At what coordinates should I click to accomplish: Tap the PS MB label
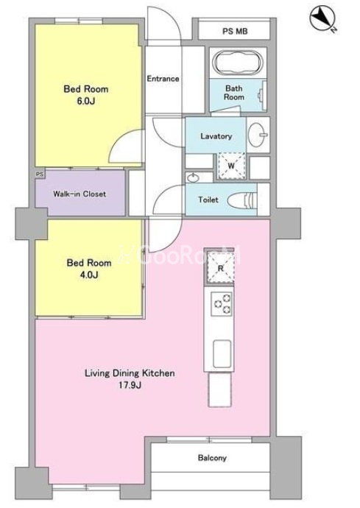pyautogui.click(x=235, y=32)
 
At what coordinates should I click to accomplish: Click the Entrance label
pyautogui.click(x=163, y=79)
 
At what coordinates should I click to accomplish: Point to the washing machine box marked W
pyautogui.click(x=230, y=166)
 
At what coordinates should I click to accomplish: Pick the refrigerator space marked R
pyautogui.click(x=220, y=267)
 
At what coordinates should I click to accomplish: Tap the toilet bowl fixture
pyautogui.click(x=242, y=201)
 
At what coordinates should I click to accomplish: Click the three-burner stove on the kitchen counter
pyautogui.click(x=222, y=304)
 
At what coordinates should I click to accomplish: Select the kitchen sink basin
pyautogui.click(x=222, y=353)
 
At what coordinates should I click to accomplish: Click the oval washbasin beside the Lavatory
pyautogui.click(x=258, y=135)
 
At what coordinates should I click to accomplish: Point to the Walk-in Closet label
pyautogui.click(x=80, y=194)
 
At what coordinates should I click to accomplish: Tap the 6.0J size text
pyautogui.click(x=85, y=101)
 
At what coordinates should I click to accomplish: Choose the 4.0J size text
pyautogui.click(x=89, y=275)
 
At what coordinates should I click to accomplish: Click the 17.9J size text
pyautogui.click(x=130, y=385)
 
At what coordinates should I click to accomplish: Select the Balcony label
pyautogui.click(x=212, y=458)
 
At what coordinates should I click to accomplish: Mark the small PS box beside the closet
pyautogui.click(x=40, y=174)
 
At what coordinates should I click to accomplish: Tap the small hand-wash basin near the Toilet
pyautogui.click(x=193, y=178)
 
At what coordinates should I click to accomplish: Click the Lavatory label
pyautogui.click(x=216, y=136)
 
